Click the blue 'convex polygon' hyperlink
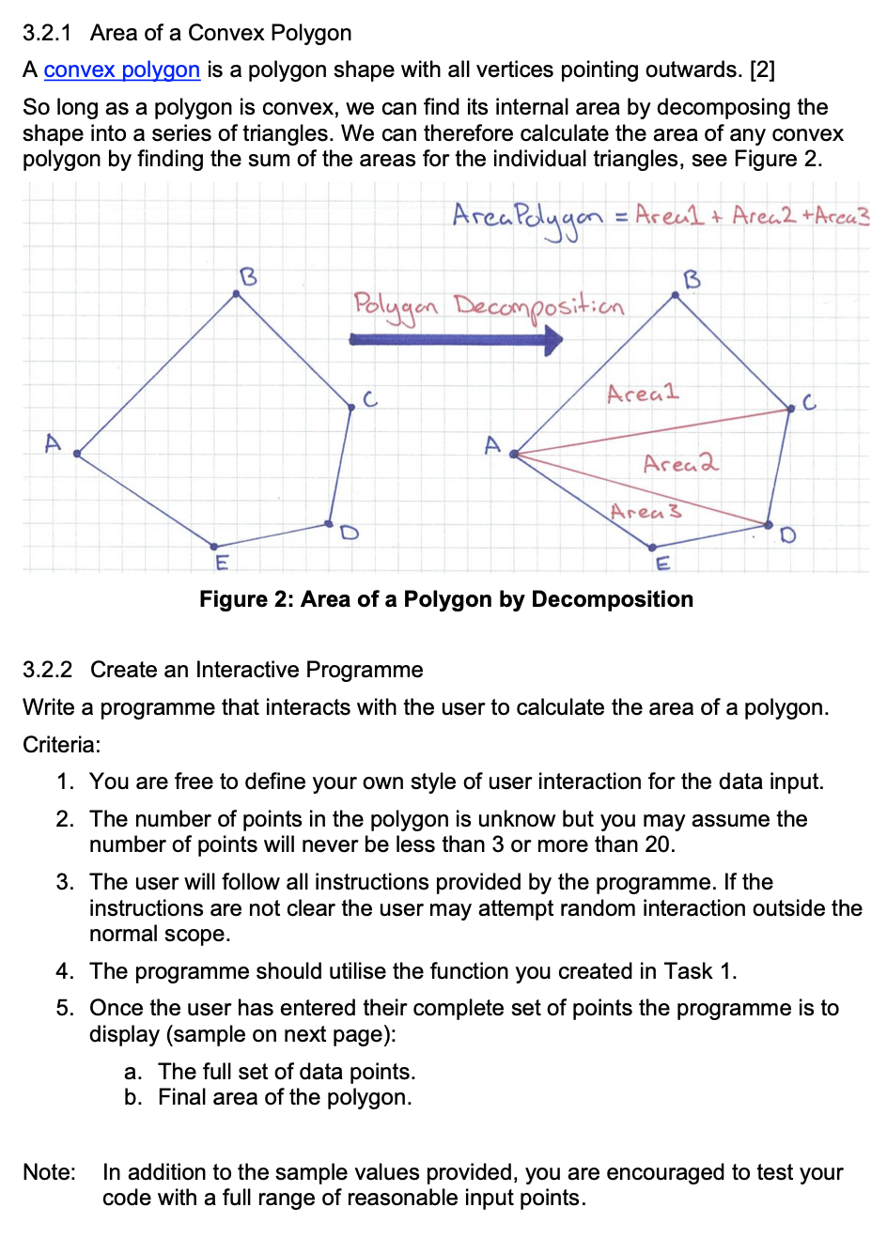[x=121, y=70]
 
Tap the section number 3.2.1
[x=47, y=33]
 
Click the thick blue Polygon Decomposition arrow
[x=457, y=339]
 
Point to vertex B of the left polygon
[x=237, y=294]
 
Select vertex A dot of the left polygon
[x=77, y=454]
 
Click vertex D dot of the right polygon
[x=769, y=524]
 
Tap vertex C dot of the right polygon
[x=790, y=409]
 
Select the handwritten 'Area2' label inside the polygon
[x=680, y=463]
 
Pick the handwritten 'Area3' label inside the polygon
[x=646, y=511]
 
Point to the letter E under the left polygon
[x=222, y=563]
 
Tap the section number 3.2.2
[x=47, y=670]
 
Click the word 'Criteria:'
[x=61, y=745]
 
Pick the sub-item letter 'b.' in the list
[x=133, y=1097]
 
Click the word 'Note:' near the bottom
[x=50, y=1172]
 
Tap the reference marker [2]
[x=762, y=70]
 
